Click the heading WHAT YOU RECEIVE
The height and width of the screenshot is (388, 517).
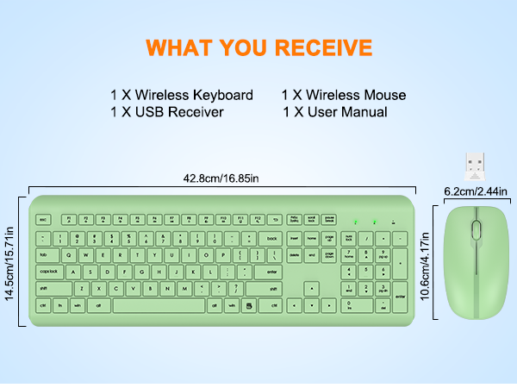(258, 46)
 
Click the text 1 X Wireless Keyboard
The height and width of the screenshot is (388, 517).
(181, 95)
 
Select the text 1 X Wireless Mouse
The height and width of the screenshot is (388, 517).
(343, 95)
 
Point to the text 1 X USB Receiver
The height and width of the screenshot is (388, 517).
(167, 112)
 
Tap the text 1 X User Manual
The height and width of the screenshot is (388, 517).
(334, 112)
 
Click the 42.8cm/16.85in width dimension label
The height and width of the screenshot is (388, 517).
(221, 179)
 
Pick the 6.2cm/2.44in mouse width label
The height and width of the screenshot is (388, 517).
(476, 191)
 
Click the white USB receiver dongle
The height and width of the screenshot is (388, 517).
(476, 163)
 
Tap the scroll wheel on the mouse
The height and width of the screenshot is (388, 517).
(476, 230)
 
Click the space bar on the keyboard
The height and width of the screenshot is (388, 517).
(159, 305)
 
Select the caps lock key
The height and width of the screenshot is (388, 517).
(49, 272)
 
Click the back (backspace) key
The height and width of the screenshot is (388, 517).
(272, 238)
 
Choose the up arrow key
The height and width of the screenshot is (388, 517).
(314, 289)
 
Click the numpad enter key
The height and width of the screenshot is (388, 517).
(399, 297)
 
